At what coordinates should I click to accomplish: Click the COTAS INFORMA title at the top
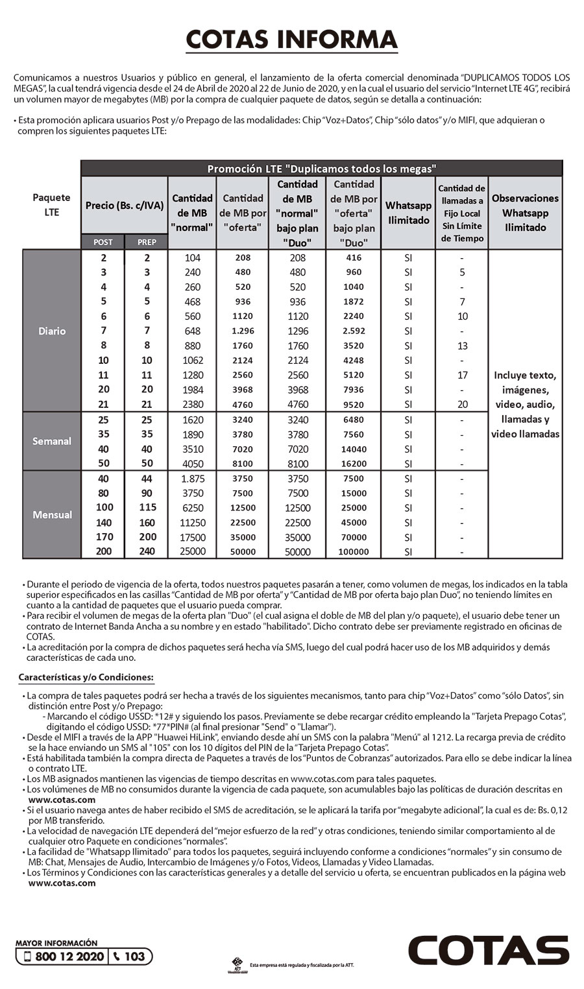[x=291, y=40]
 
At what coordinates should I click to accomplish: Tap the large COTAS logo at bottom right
[x=488, y=951]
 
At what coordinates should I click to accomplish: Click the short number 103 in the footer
[x=134, y=957]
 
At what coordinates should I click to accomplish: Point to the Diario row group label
[x=52, y=331]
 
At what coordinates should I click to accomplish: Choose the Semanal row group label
[x=52, y=441]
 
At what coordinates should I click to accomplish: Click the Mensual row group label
[x=52, y=515]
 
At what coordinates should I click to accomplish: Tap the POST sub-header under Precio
[x=103, y=242]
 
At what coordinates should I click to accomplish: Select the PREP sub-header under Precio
[x=147, y=242]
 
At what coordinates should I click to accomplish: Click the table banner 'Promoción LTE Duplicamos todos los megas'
[x=321, y=169]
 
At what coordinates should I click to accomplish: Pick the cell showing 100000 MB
[x=354, y=552]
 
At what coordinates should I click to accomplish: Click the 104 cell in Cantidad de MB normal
[x=192, y=257]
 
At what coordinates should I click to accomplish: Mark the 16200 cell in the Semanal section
[x=354, y=464]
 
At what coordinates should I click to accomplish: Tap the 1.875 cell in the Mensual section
[x=192, y=479]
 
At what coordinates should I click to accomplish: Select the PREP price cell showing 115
[x=147, y=508]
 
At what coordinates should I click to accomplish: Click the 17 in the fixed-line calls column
[x=462, y=375]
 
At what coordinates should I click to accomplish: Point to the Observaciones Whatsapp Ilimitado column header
[x=525, y=213]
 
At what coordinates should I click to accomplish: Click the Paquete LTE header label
[x=51, y=205]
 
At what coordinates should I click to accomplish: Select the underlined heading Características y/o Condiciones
[x=86, y=678]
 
